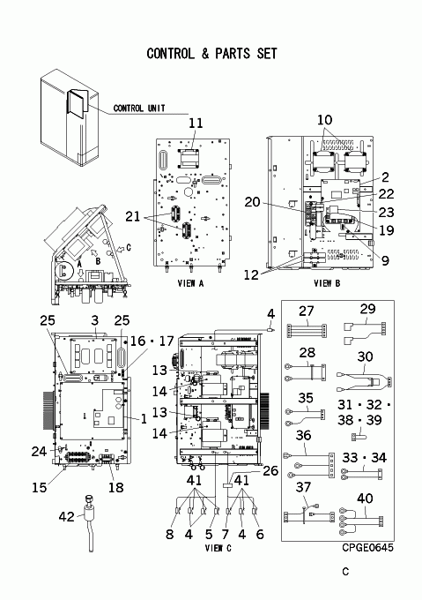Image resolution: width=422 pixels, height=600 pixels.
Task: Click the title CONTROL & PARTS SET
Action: [x=211, y=54]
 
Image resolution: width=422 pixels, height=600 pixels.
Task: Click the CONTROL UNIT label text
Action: [x=139, y=109]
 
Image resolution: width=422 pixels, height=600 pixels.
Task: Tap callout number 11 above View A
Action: [x=196, y=124]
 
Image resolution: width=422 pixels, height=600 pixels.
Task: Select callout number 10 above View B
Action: [x=324, y=120]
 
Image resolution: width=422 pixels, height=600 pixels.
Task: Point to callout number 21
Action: [x=133, y=216]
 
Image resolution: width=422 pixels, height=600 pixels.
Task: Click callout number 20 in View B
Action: [x=252, y=202]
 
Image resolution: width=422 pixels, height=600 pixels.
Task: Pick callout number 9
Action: [x=385, y=260]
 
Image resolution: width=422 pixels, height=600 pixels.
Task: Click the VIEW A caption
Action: [x=190, y=283]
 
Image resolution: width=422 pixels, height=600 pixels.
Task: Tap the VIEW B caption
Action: [x=327, y=283]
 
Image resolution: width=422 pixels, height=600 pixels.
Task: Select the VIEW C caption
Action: [x=218, y=548]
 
